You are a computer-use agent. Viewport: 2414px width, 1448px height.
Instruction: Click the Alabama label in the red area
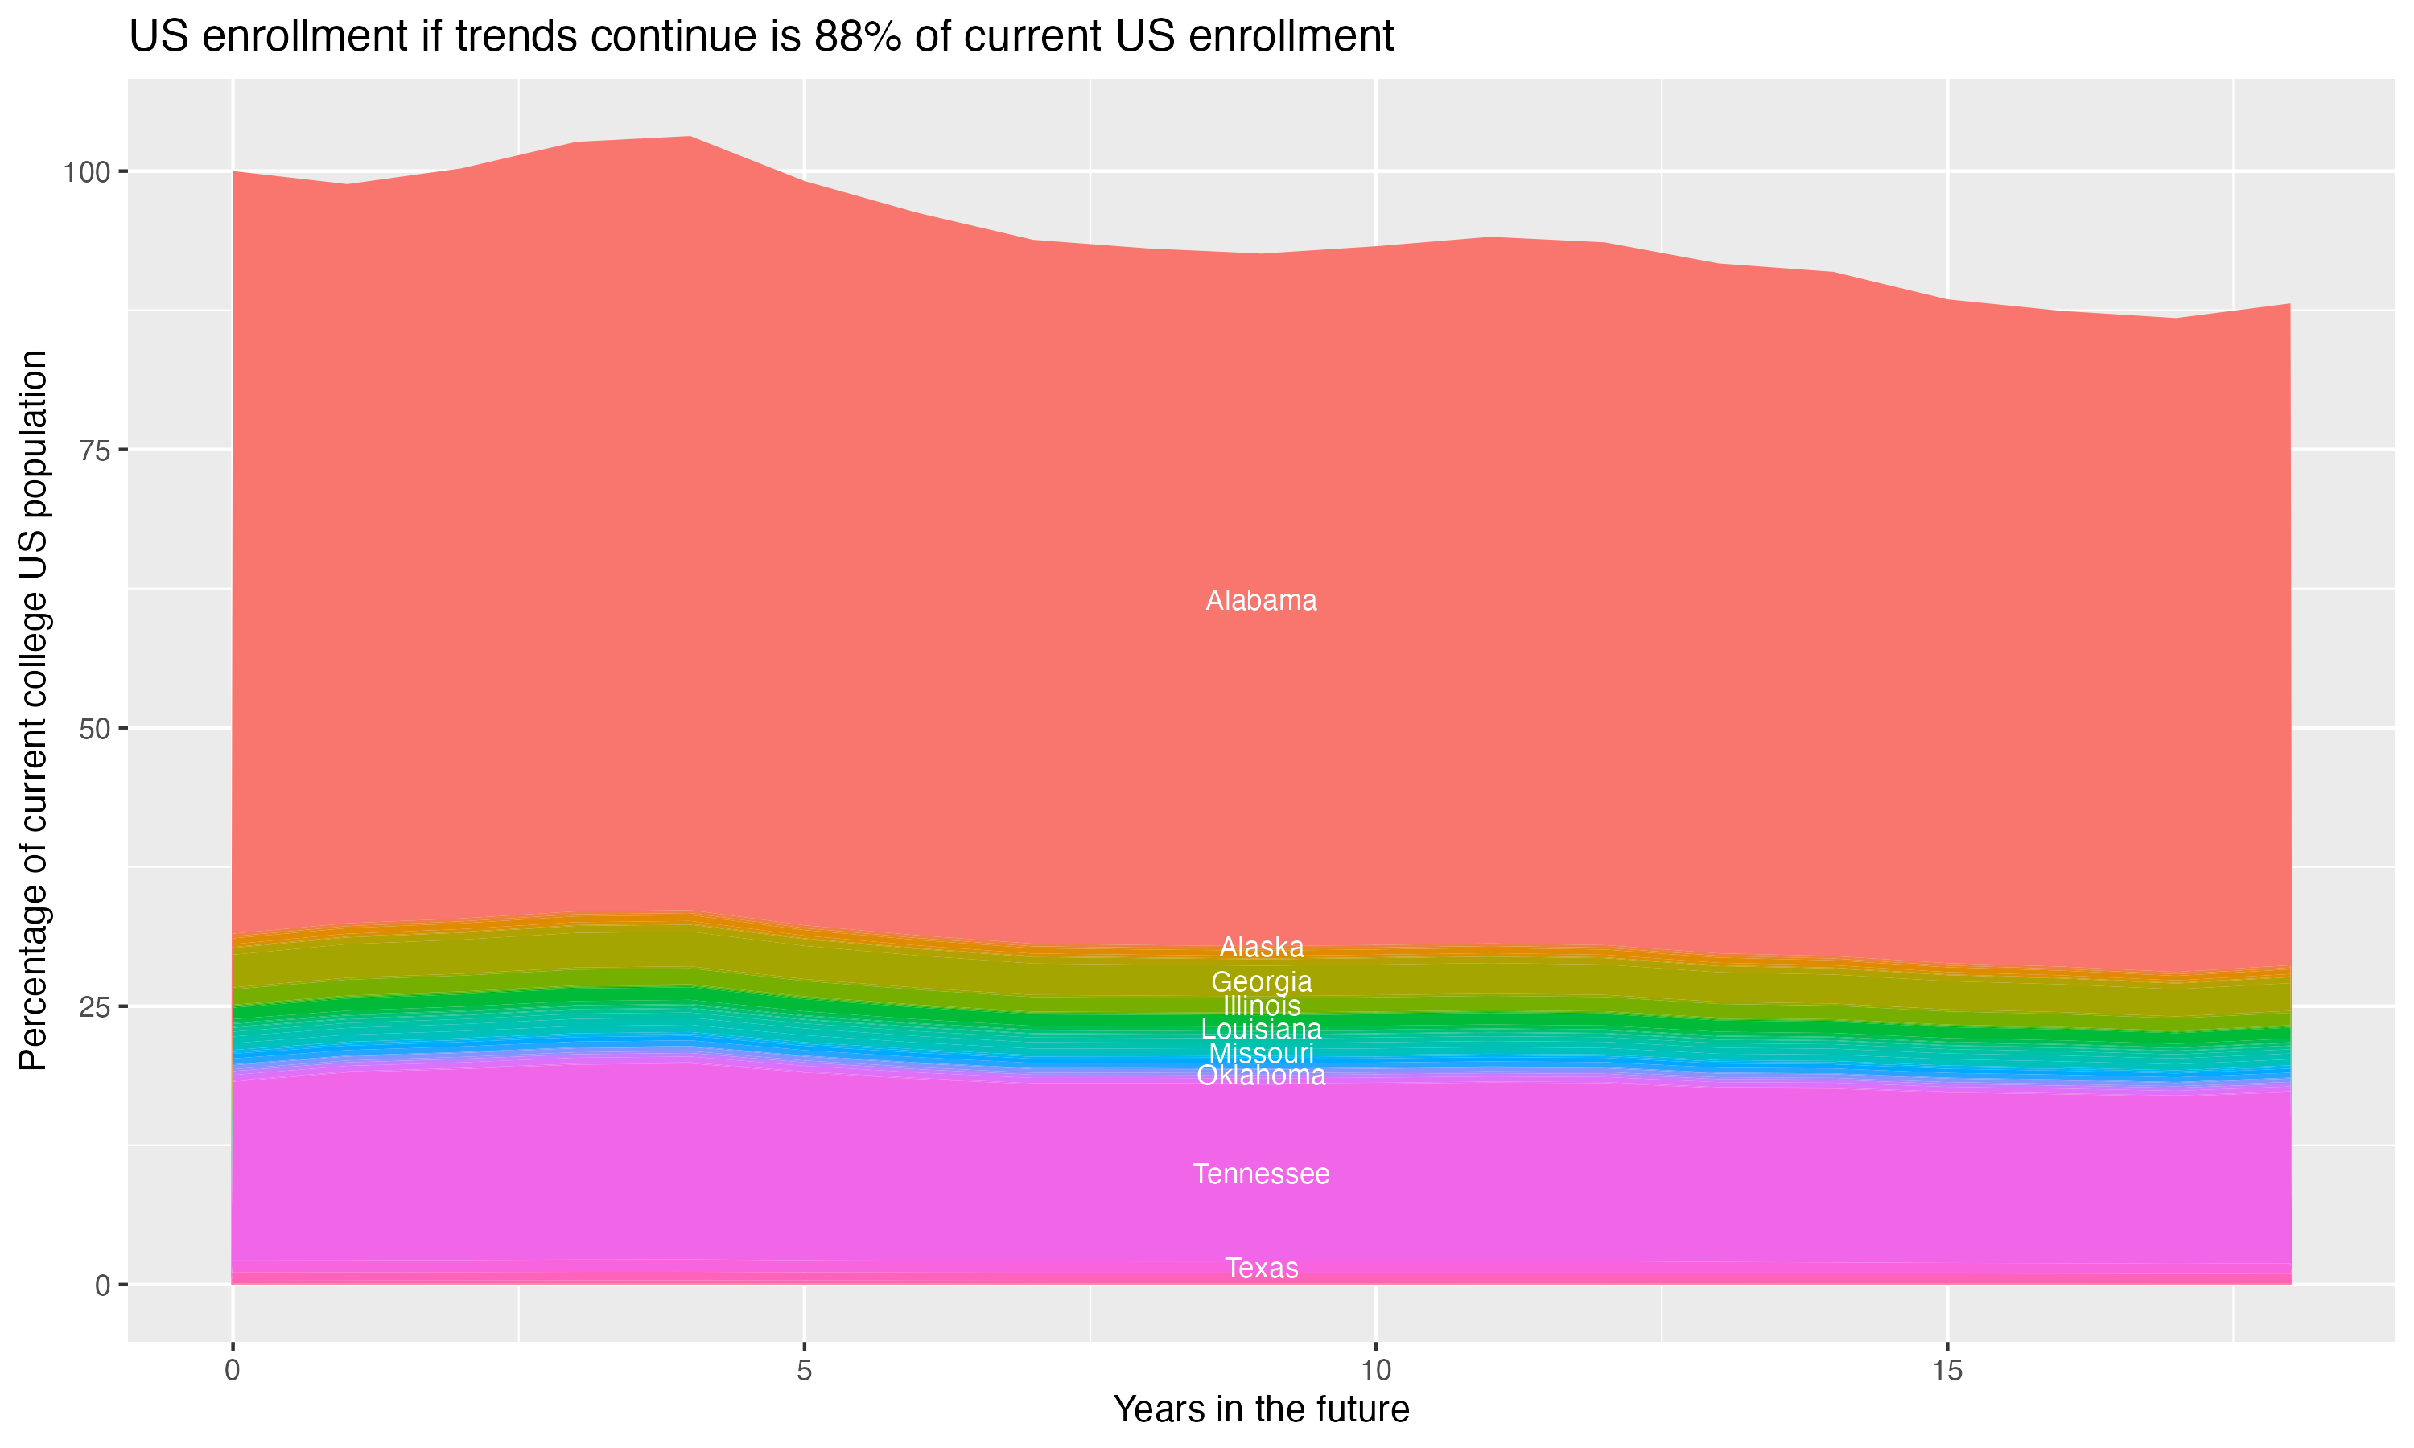point(1261,601)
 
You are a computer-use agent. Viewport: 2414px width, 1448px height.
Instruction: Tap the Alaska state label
point(1261,948)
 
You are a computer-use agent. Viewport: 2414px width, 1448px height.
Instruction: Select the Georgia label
point(1261,981)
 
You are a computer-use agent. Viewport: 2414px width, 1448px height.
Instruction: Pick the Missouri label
point(1261,1054)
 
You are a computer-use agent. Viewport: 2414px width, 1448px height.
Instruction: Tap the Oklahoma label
point(1261,1076)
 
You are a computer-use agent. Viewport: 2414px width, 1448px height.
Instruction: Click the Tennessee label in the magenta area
point(1261,1174)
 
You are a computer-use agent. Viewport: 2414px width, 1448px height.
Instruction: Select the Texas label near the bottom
point(1261,1269)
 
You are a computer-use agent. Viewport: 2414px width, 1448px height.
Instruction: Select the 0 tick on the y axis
point(101,1285)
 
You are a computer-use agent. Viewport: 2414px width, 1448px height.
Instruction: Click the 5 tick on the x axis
point(804,1371)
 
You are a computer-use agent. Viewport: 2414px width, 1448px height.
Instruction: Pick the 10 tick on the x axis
point(1375,1371)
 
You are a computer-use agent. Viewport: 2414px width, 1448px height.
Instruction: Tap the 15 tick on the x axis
point(1946,1371)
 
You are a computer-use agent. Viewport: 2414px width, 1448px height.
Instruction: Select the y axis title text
point(33,710)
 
